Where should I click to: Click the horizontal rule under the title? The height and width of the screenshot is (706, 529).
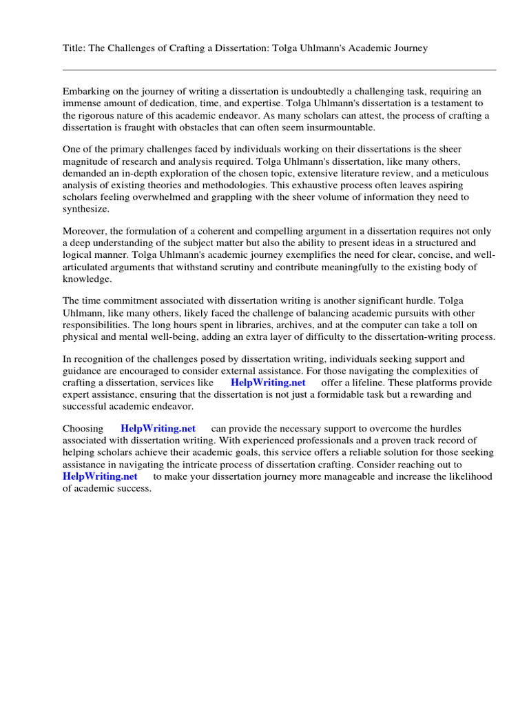tap(279, 70)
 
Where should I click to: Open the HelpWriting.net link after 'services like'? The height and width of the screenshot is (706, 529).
tap(268, 382)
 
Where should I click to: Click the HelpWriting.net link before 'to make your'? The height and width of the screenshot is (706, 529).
tap(100, 476)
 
